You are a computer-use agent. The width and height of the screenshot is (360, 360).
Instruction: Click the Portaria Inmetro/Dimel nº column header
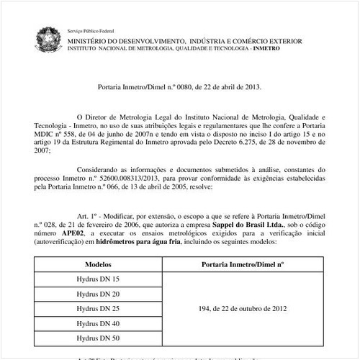(245, 264)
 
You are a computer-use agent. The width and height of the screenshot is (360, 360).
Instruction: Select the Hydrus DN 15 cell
(98, 279)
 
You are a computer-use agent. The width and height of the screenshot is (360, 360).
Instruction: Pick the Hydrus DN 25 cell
(98, 308)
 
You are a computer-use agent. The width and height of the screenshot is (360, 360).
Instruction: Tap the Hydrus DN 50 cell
(98, 338)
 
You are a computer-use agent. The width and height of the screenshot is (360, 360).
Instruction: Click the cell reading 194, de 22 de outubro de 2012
(245, 308)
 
